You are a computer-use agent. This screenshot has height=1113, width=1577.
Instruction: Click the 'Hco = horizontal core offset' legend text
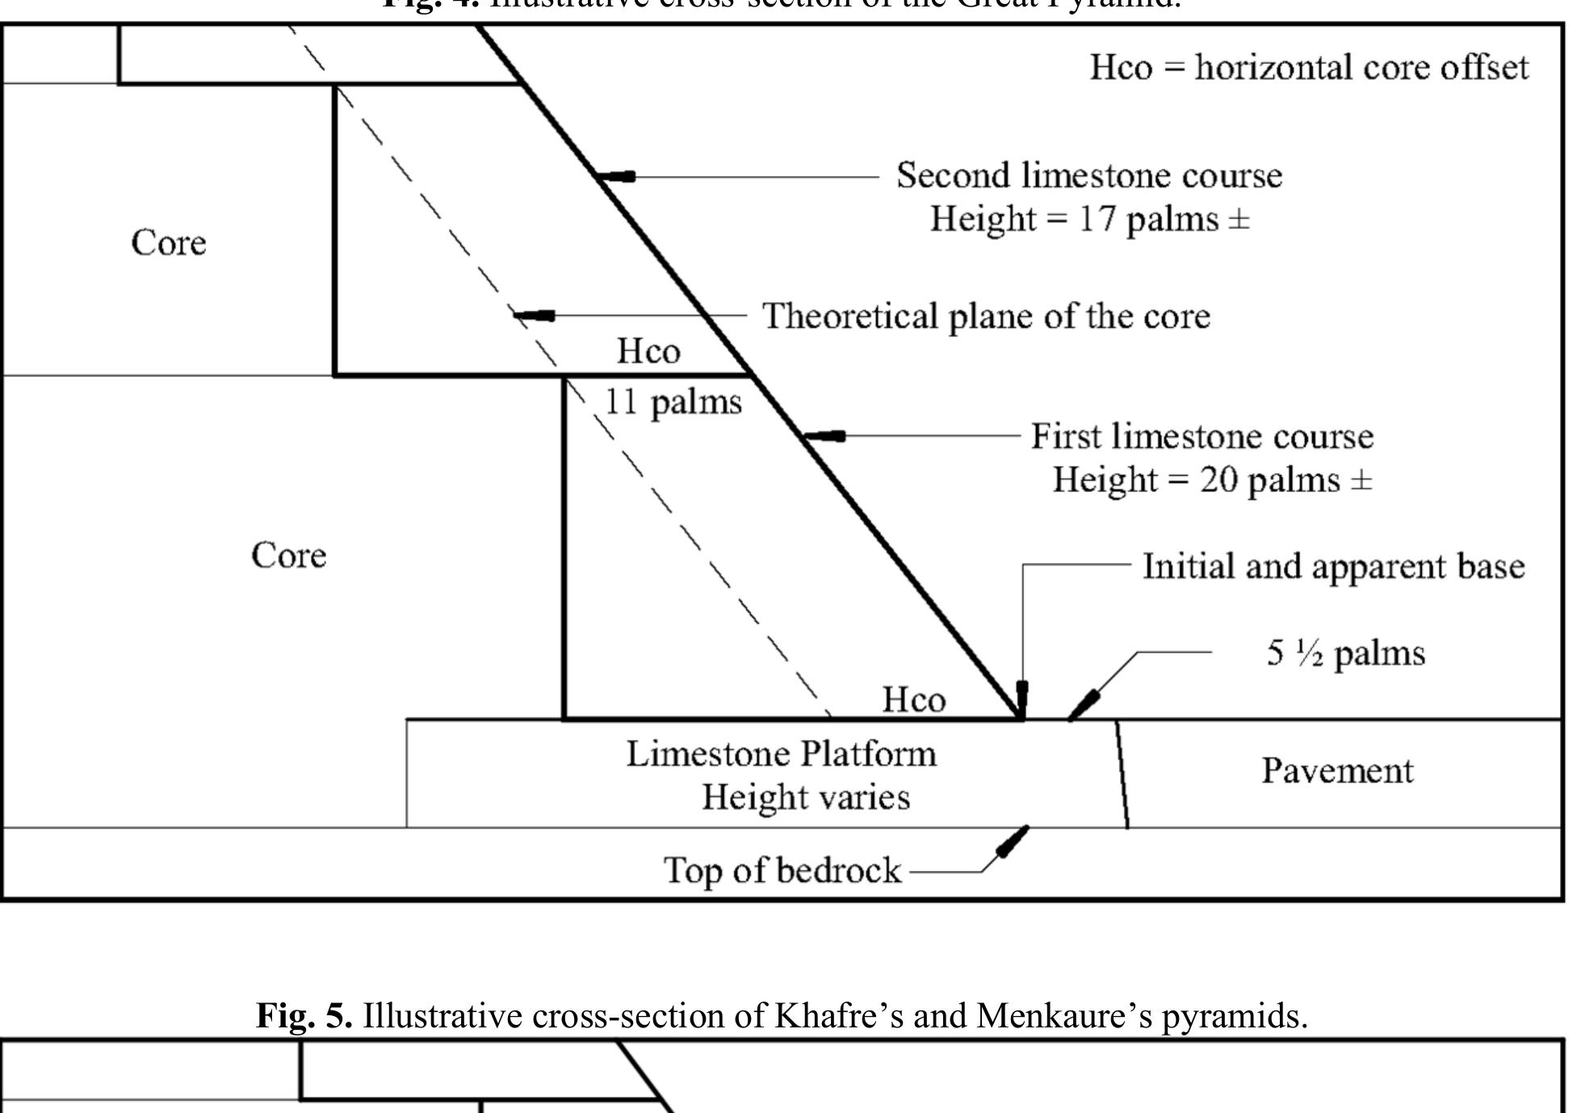[x=1308, y=67]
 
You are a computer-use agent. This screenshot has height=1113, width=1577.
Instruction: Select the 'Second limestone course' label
[x=1088, y=175]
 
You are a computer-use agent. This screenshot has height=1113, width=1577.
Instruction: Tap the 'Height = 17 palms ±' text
[x=1089, y=219]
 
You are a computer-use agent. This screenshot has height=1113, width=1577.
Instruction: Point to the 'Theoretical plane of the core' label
[x=986, y=316]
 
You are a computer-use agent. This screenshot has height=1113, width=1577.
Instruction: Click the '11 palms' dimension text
[x=673, y=401]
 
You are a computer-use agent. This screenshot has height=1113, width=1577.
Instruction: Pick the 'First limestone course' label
[x=1202, y=436]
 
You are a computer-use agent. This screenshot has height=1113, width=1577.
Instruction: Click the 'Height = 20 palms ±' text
[x=1211, y=480]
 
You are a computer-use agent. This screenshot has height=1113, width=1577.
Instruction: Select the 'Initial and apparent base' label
[x=1333, y=566]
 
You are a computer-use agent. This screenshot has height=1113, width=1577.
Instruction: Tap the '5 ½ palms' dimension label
[x=1345, y=653]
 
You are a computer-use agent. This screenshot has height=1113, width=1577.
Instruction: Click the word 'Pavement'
[x=1337, y=771]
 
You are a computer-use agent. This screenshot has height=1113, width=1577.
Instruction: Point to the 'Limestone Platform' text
[x=781, y=754]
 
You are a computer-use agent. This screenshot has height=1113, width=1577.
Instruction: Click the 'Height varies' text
[x=805, y=797]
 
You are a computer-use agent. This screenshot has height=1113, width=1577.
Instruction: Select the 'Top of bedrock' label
[x=782, y=870]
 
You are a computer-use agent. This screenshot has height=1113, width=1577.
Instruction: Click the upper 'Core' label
[x=168, y=242]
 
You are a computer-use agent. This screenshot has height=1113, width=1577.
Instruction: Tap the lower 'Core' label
[x=288, y=555]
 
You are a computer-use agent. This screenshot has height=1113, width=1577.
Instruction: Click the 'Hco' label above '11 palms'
[x=648, y=351]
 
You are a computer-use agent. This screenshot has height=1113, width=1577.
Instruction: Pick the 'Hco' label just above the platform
[x=913, y=699]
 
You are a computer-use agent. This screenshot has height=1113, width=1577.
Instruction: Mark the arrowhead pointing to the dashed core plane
[x=533, y=315]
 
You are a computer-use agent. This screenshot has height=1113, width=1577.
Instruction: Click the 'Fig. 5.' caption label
[x=304, y=1015]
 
